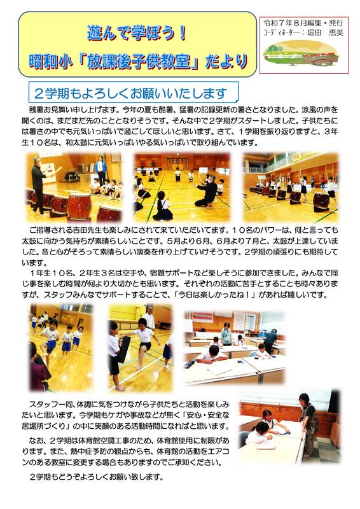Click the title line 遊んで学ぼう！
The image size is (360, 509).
[137, 34]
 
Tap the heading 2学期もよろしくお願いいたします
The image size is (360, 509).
[130, 94]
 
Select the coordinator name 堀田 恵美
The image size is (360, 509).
[325, 33]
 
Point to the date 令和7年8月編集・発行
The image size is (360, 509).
[303, 23]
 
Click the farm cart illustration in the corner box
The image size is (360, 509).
[301, 53]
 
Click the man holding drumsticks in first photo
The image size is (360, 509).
[41, 184]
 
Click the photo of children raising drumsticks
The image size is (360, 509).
[291, 187]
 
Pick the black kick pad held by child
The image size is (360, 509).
[124, 349]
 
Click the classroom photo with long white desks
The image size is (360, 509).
[234, 347]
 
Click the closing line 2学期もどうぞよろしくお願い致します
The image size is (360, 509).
[97, 477]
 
